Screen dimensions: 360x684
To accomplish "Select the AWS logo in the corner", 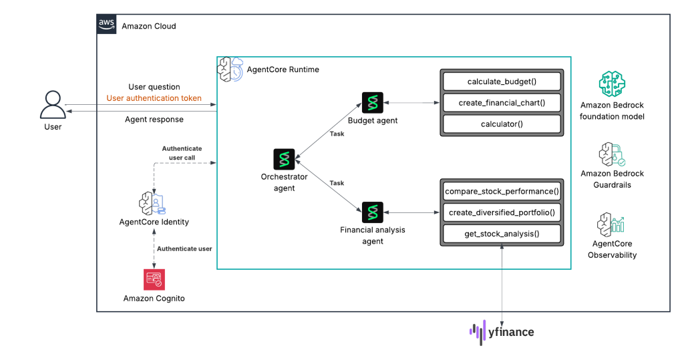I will [106, 24].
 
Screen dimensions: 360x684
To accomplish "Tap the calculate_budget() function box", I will [501, 82].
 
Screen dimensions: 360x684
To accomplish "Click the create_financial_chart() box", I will [501, 103].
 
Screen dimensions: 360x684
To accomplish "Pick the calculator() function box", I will [501, 124].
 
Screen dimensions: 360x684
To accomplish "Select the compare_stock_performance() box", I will [501, 192].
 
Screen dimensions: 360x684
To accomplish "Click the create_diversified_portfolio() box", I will [501, 212].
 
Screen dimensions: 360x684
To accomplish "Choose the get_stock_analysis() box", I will [501, 234].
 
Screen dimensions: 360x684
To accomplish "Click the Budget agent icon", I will [372, 103].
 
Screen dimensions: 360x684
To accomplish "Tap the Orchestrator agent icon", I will [285, 160].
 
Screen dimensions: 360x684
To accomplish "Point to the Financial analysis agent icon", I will [372, 212].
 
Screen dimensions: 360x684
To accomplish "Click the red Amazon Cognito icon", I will [154, 279].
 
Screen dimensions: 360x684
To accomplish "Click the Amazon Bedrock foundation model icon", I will [613, 85].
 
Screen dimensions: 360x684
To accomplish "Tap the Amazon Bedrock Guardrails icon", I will [613, 153].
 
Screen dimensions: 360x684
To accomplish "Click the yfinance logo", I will [502, 331].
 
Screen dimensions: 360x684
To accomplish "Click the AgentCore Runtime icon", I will [230, 69].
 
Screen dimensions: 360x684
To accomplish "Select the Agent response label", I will [154, 120].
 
